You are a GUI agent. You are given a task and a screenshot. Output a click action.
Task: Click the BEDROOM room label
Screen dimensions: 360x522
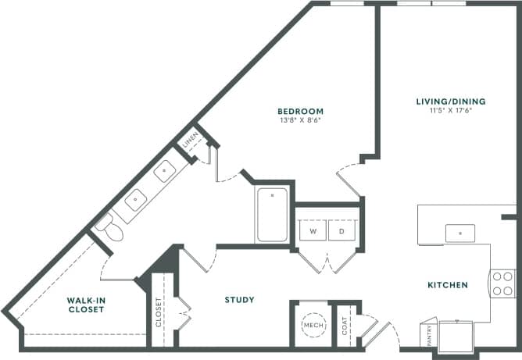pos(300,112)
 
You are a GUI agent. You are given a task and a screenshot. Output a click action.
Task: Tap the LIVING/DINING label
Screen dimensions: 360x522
pos(450,102)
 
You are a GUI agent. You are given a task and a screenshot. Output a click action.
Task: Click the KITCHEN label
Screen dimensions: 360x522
pos(448,285)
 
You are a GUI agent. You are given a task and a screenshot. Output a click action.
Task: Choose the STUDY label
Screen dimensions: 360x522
pos(239,300)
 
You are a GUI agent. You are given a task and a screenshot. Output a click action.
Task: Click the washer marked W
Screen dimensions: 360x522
pos(313,232)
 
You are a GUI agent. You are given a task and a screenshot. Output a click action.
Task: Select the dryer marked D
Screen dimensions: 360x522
pos(341,232)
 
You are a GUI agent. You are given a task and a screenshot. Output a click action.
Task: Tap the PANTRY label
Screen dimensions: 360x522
pos(427,333)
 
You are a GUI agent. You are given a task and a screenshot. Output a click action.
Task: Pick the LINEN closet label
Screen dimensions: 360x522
pos(190,144)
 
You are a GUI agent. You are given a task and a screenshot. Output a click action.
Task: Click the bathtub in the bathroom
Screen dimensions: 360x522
pos(273,216)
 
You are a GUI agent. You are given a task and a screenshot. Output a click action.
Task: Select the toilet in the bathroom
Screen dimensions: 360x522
pos(109,228)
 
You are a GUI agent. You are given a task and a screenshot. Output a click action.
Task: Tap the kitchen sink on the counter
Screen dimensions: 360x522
pos(460,233)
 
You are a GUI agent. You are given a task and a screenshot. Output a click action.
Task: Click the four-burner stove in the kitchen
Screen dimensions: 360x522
pos(502,283)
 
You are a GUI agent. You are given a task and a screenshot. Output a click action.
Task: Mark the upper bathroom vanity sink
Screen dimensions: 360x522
pos(164,171)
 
